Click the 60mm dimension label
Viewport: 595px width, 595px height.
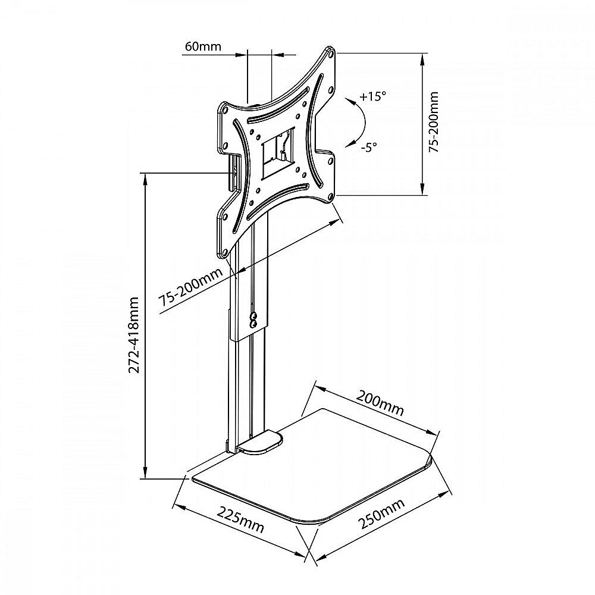point(203,46)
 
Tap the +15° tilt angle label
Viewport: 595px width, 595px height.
point(372,96)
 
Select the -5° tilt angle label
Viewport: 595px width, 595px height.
point(369,147)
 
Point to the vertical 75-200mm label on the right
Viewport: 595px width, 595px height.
point(433,122)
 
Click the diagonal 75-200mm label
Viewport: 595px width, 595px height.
point(191,287)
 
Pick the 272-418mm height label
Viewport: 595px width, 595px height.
point(133,335)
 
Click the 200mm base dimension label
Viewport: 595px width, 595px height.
point(380,403)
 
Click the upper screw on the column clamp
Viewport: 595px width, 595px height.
point(253,316)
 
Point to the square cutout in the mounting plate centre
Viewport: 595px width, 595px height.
point(278,153)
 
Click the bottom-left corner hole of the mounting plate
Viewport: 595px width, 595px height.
point(224,252)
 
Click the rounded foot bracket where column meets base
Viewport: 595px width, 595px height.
point(260,442)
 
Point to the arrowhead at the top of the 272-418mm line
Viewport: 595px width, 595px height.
point(145,178)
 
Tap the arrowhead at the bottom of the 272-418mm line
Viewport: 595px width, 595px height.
point(145,473)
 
